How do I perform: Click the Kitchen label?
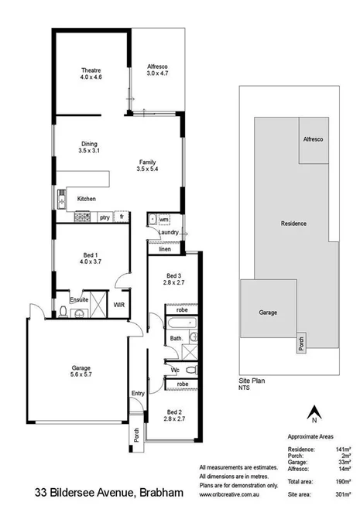point(87,200)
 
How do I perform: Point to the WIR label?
point(120,305)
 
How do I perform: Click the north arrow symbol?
point(314,413)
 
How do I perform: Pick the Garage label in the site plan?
point(266,313)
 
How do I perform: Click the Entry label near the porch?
point(138,394)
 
